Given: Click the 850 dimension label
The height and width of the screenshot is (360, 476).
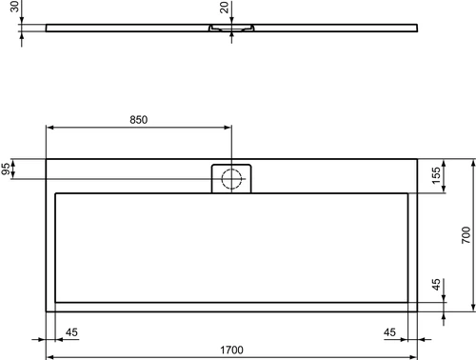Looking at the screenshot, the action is click(x=139, y=120).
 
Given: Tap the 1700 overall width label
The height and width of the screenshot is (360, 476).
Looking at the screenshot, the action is click(x=231, y=350).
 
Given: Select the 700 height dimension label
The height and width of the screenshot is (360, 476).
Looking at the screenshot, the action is click(x=466, y=235).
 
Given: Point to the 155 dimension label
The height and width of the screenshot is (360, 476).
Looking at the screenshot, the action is click(x=436, y=175).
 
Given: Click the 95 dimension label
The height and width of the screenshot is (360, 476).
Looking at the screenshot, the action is click(x=6, y=169).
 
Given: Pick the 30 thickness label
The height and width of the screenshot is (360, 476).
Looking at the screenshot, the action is click(x=14, y=7).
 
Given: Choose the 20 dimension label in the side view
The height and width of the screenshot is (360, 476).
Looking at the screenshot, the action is click(x=224, y=8).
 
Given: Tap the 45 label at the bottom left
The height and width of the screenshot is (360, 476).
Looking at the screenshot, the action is click(x=71, y=332).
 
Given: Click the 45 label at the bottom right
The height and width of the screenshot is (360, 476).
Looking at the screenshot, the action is click(x=389, y=332).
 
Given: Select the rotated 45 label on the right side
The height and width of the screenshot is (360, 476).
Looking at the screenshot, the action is click(x=436, y=285).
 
